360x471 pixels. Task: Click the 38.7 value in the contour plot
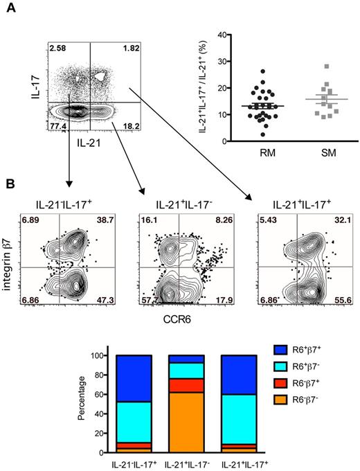(x=106, y=220)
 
